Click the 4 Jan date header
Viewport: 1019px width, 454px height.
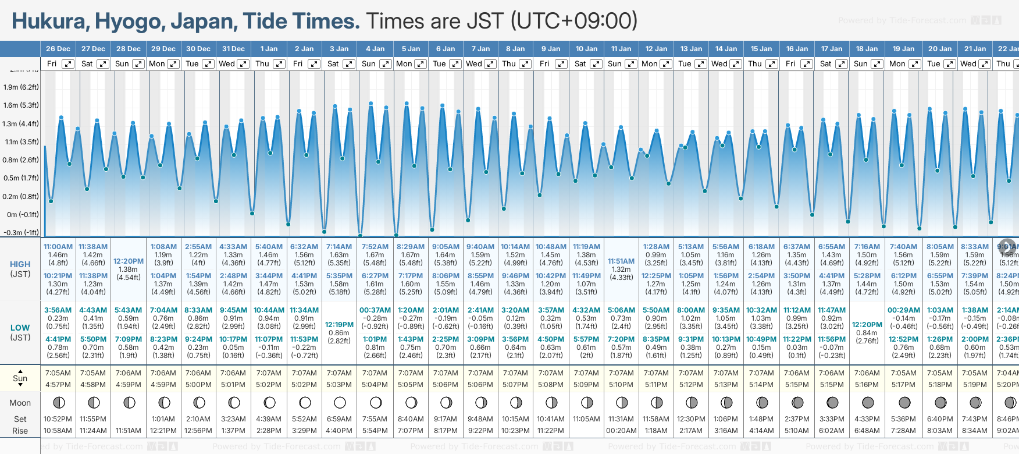coord(375,49)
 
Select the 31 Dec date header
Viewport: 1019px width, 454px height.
coord(233,49)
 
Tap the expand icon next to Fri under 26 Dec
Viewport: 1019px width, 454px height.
coord(68,64)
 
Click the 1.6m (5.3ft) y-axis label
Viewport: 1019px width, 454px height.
coord(21,105)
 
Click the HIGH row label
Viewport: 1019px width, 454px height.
coord(20,264)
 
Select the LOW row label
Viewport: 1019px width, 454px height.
coord(20,328)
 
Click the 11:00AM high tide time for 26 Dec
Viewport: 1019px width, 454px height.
coord(58,247)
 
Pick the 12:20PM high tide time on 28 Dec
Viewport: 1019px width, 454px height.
coord(129,261)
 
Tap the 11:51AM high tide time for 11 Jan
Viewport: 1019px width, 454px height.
coord(621,261)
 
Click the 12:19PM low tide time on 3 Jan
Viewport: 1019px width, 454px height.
coord(339,325)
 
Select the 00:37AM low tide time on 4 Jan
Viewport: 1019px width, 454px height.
coord(375,310)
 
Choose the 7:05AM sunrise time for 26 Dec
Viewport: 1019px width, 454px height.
coord(58,373)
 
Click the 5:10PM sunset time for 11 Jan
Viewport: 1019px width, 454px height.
coord(621,385)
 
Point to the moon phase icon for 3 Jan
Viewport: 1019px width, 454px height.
coord(340,402)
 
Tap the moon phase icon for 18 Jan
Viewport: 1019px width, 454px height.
coord(868,402)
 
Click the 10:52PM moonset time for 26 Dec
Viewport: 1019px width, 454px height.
coord(58,419)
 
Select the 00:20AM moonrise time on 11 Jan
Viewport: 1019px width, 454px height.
coord(621,431)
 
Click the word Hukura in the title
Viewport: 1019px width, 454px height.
coord(49,22)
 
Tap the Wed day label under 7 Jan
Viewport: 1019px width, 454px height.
coord(474,64)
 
